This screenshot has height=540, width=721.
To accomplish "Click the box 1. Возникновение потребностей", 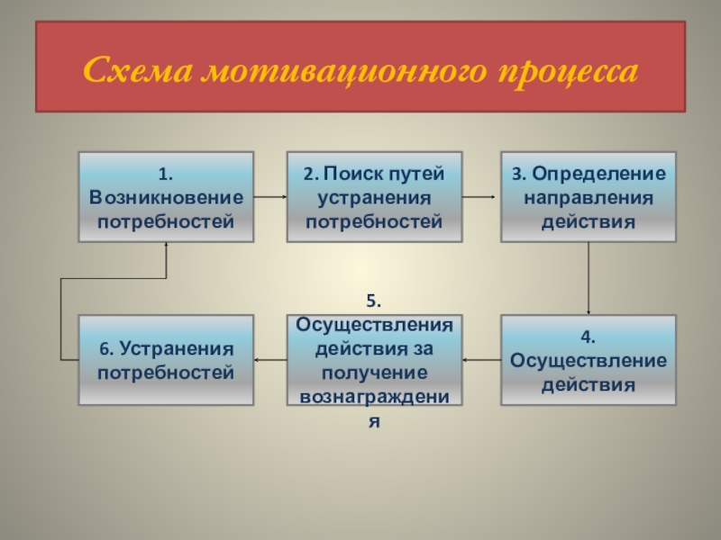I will pyautogui.click(x=166, y=197).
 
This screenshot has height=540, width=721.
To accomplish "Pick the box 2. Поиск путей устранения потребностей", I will pyautogui.click(x=374, y=197).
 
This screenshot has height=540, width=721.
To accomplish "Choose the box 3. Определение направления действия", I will pyautogui.click(x=589, y=197).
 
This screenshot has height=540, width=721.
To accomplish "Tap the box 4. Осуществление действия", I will pyautogui.click(x=589, y=360).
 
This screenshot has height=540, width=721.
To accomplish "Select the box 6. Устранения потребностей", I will pyautogui.click(x=166, y=360).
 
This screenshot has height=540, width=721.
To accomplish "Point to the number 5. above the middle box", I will pyautogui.click(x=374, y=302).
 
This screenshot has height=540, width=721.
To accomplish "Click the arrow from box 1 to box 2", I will pyautogui.click(x=270, y=196).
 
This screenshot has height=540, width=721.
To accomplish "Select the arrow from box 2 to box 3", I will pyautogui.click(x=481, y=196).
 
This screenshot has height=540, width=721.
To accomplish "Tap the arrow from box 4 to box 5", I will pyautogui.click(x=481, y=360).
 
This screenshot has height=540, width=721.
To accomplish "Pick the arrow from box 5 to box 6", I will pyautogui.click(x=270, y=360).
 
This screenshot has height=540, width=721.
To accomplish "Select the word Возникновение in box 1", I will pyautogui.click(x=166, y=197).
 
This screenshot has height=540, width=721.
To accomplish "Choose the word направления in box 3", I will pyautogui.click(x=589, y=197).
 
